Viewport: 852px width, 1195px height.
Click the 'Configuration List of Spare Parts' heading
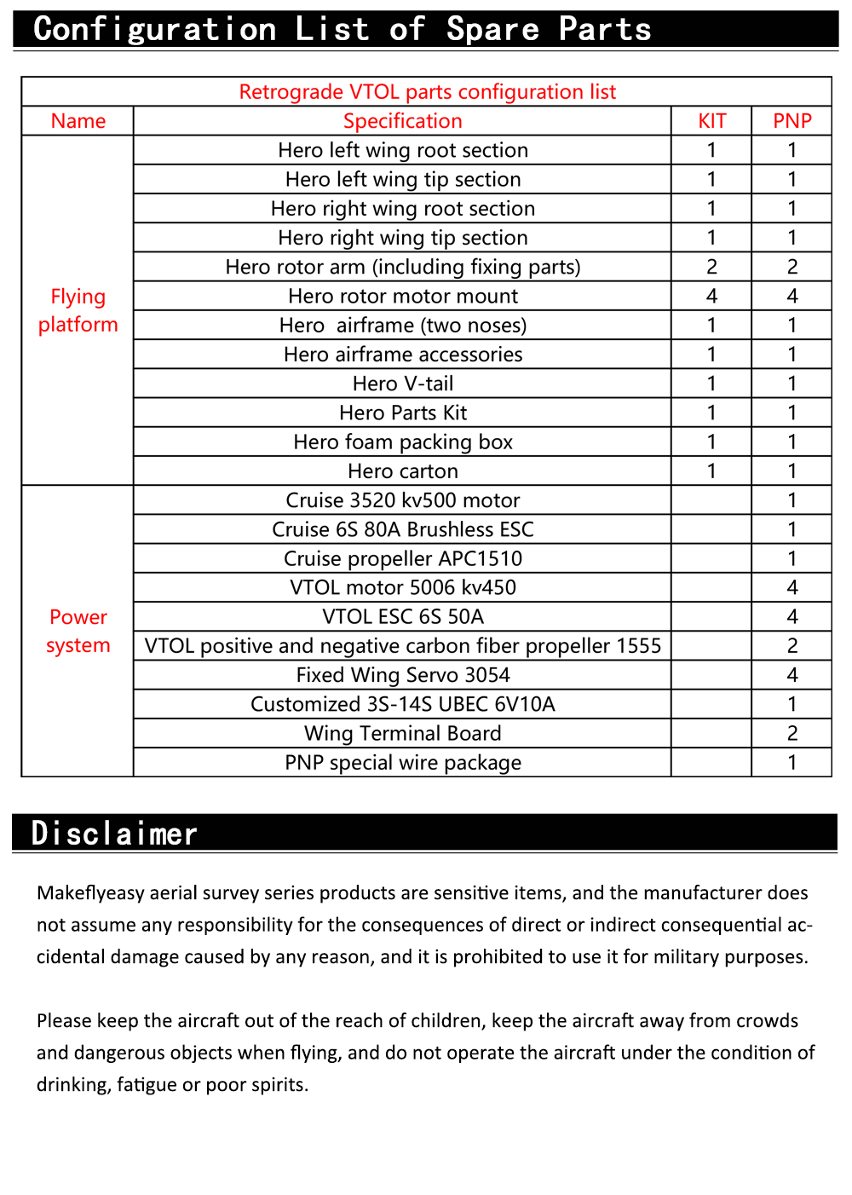(342, 29)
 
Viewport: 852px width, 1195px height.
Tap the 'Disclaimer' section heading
(114, 833)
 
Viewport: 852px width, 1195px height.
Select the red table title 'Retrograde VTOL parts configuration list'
(427, 92)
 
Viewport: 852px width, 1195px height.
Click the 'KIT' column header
(711, 121)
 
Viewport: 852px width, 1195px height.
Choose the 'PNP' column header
(792, 121)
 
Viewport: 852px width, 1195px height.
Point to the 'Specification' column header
(402, 121)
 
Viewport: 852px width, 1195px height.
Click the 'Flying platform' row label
(78, 310)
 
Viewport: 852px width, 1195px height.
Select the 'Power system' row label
(78, 631)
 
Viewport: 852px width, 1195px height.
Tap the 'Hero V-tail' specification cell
(402, 384)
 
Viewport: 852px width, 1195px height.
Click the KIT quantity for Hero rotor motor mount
(711, 296)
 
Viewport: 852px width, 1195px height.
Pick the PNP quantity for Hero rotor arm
(792, 267)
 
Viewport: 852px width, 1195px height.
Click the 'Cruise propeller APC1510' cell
(402, 558)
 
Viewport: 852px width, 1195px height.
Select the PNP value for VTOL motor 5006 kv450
(792, 587)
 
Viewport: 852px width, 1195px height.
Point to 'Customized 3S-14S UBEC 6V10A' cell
(402, 704)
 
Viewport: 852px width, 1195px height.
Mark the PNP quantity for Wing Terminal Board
(792, 733)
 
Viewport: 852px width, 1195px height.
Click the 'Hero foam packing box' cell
(402, 442)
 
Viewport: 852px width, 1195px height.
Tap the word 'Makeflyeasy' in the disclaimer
(90, 893)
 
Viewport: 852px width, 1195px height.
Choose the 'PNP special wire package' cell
(402, 762)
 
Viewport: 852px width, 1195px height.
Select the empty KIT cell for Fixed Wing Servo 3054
(711, 675)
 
